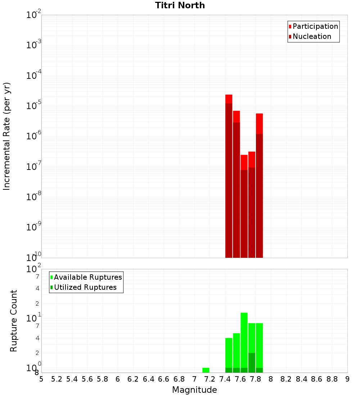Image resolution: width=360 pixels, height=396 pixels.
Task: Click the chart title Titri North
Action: [180, 5]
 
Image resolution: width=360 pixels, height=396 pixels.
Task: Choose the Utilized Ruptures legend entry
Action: [85, 287]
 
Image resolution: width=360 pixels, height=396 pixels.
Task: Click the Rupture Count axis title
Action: [14, 320]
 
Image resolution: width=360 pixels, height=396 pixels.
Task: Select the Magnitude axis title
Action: [194, 390]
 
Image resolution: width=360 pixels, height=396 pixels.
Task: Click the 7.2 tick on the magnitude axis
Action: [210, 379]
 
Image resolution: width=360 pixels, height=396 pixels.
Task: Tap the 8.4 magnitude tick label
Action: [302, 379]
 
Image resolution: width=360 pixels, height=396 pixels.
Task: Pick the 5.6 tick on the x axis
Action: [87, 379]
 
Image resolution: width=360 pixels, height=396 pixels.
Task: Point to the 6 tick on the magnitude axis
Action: [118, 379]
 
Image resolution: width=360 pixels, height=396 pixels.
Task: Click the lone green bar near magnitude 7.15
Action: [206, 370]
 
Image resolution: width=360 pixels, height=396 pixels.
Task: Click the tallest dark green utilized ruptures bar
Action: [252, 363]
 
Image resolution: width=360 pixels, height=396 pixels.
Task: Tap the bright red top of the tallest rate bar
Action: [229, 99]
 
